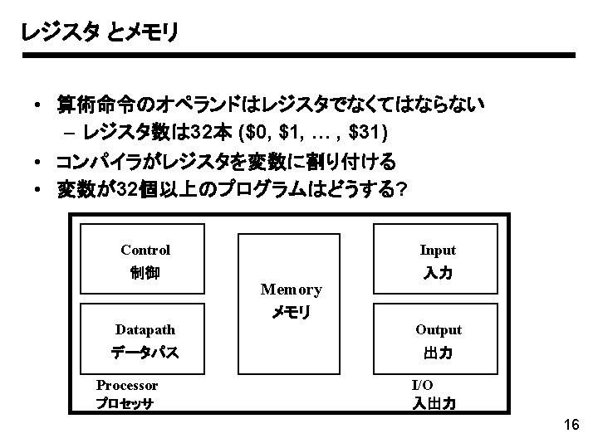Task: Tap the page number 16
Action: click(x=571, y=426)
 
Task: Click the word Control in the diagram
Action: click(x=145, y=250)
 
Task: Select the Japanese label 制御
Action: click(x=145, y=273)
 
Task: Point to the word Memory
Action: click(x=291, y=290)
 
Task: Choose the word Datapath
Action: click(x=145, y=329)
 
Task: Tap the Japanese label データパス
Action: click(x=145, y=353)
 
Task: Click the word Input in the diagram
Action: click(x=438, y=250)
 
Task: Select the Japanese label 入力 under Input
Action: click(x=438, y=273)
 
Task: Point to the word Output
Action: click(x=438, y=329)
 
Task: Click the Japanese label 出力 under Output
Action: click(x=438, y=353)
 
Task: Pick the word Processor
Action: click(x=127, y=385)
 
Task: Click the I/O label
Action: click(x=422, y=385)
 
